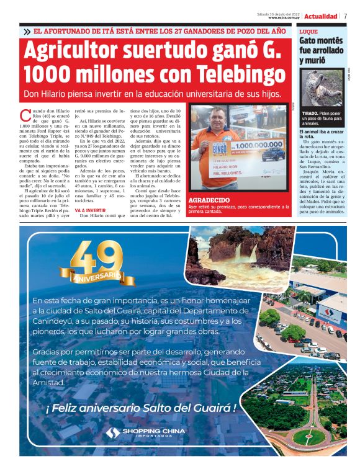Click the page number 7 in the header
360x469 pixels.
click(345, 16)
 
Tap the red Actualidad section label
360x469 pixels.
click(321, 16)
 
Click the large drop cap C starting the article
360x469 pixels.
click(25, 115)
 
